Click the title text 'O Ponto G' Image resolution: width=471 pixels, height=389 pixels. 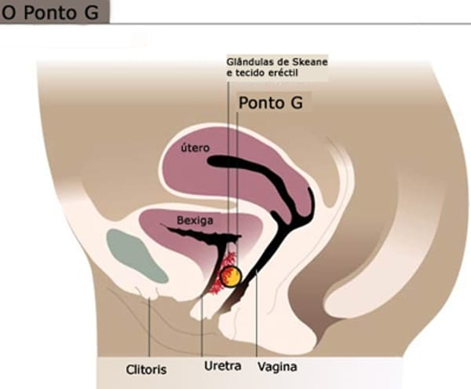(x=50, y=13)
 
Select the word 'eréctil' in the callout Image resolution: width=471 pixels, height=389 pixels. (x=283, y=73)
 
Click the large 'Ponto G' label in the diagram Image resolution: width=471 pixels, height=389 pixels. (x=270, y=103)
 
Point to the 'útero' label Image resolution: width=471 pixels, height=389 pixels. (x=195, y=148)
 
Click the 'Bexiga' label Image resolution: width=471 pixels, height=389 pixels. (x=195, y=220)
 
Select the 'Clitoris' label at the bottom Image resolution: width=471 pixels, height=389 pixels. (x=146, y=369)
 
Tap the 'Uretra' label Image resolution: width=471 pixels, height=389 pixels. (x=223, y=366)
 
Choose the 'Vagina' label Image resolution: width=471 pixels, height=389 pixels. (x=278, y=367)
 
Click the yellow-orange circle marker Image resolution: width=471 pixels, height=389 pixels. (x=231, y=277)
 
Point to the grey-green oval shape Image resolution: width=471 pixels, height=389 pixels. (x=136, y=256)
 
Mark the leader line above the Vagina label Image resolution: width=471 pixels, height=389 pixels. (x=257, y=314)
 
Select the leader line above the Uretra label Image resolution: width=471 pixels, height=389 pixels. (x=202, y=326)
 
